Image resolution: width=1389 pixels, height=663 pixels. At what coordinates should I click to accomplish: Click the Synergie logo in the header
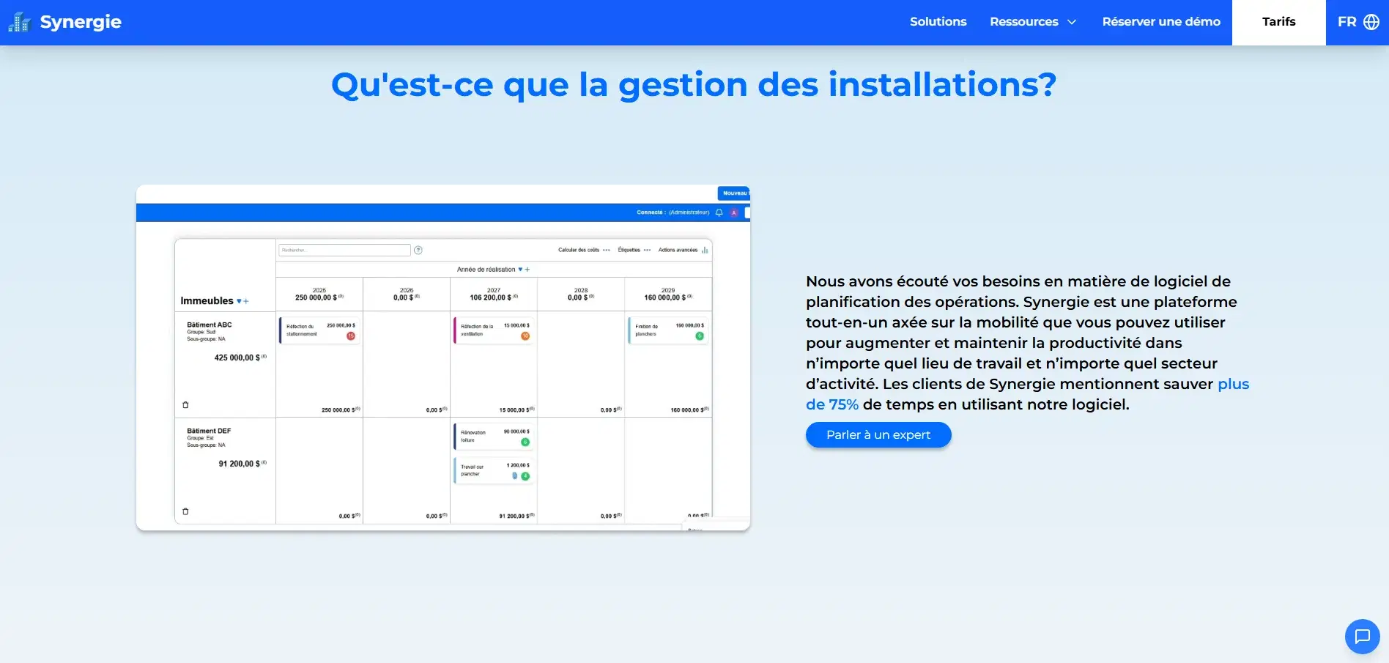tap(65, 22)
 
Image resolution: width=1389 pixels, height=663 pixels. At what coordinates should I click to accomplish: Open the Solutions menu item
tap(938, 22)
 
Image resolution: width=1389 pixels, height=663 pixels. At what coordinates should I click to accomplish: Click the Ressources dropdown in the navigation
tap(1032, 22)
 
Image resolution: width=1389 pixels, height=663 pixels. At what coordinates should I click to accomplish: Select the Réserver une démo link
tap(1161, 22)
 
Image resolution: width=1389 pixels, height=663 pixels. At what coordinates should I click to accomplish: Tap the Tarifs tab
tap(1278, 22)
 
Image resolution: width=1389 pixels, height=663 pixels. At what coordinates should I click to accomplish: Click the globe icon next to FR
tap(1371, 22)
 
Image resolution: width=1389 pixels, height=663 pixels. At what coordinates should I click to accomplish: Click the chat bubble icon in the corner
tap(1362, 636)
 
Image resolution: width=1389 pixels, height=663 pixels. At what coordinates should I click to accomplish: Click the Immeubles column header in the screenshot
tap(207, 301)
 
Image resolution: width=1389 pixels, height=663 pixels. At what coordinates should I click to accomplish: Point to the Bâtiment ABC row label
tap(210, 325)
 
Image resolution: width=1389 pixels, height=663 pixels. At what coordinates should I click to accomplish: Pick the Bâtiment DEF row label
tap(209, 431)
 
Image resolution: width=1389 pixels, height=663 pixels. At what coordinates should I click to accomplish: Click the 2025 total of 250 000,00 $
tap(316, 297)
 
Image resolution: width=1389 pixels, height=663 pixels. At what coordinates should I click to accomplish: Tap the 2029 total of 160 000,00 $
tap(664, 297)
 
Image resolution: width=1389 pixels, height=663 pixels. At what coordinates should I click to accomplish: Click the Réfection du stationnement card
tap(319, 330)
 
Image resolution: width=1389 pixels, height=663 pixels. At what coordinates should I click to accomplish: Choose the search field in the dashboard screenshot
tap(344, 251)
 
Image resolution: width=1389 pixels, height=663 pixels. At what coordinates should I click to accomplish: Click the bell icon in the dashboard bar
tap(719, 212)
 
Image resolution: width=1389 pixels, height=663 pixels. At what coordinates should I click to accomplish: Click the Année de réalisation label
tap(486, 270)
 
